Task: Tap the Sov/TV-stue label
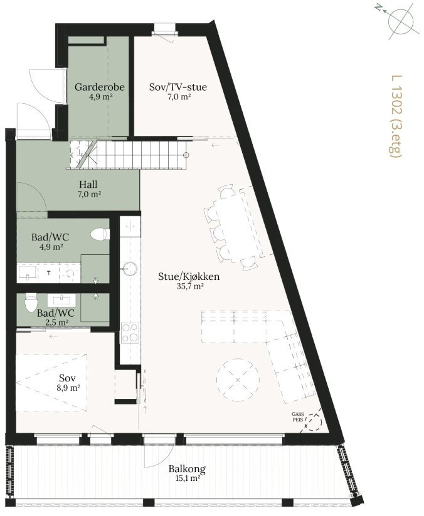click(178, 88)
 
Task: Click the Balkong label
click(187, 468)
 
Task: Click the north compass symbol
click(403, 20)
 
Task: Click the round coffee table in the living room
click(238, 379)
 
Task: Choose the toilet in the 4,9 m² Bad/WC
click(99, 234)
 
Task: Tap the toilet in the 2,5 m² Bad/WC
click(29, 305)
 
